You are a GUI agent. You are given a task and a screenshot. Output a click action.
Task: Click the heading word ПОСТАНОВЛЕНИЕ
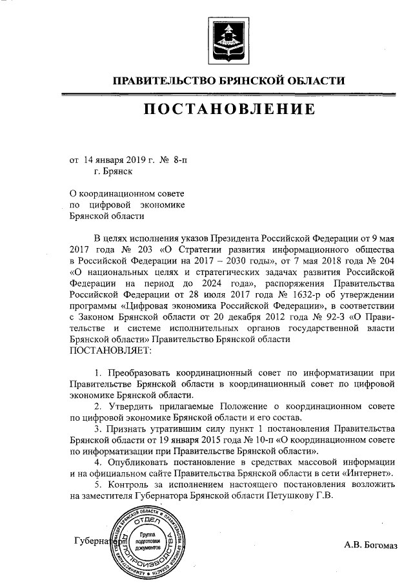[229, 110]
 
